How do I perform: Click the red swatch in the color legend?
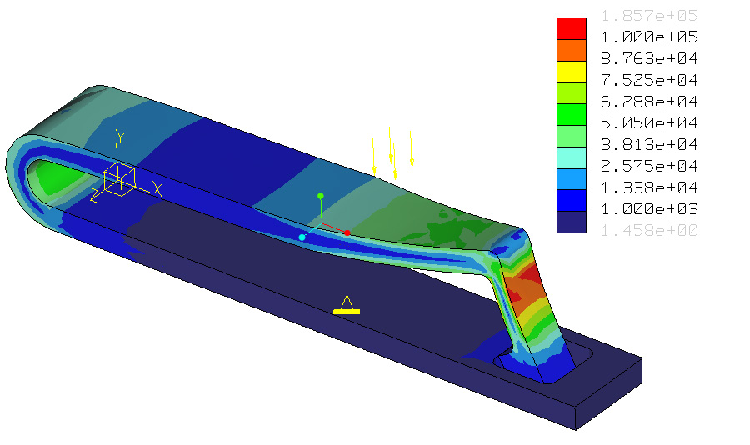click(571, 27)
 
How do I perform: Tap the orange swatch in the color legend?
click(571, 49)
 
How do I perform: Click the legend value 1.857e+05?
click(649, 16)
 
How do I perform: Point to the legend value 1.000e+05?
click(649, 37)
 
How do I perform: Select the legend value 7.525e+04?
click(649, 81)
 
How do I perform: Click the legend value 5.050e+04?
click(649, 123)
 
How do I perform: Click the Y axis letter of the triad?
click(120, 137)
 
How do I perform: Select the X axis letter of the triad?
click(157, 189)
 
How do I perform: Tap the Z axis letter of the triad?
click(94, 197)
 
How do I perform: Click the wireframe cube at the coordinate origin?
click(119, 179)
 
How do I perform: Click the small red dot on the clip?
click(347, 232)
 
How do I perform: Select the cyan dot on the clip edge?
click(302, 237)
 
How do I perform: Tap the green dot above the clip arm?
click(320, 196)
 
